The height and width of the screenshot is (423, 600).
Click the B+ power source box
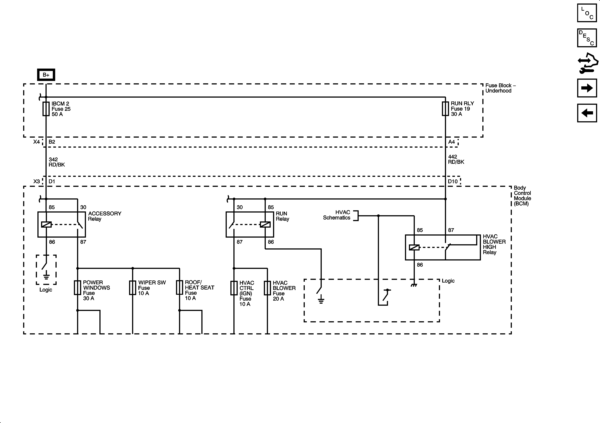pos(46,75)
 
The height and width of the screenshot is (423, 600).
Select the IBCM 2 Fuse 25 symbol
pos(46,109)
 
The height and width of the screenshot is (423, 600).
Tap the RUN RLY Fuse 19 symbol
pos(445,109)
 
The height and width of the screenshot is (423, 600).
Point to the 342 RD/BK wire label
pos(56,162)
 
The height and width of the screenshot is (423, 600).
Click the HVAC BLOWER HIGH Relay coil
pos(414,247)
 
